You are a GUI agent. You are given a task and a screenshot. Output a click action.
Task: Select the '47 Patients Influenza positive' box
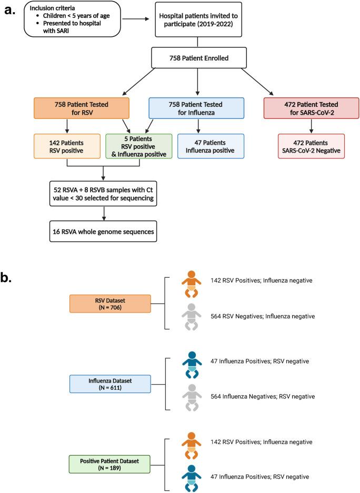(x=211, y=147)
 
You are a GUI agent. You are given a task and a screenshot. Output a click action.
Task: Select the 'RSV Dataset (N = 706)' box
(x=110, y=304)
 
